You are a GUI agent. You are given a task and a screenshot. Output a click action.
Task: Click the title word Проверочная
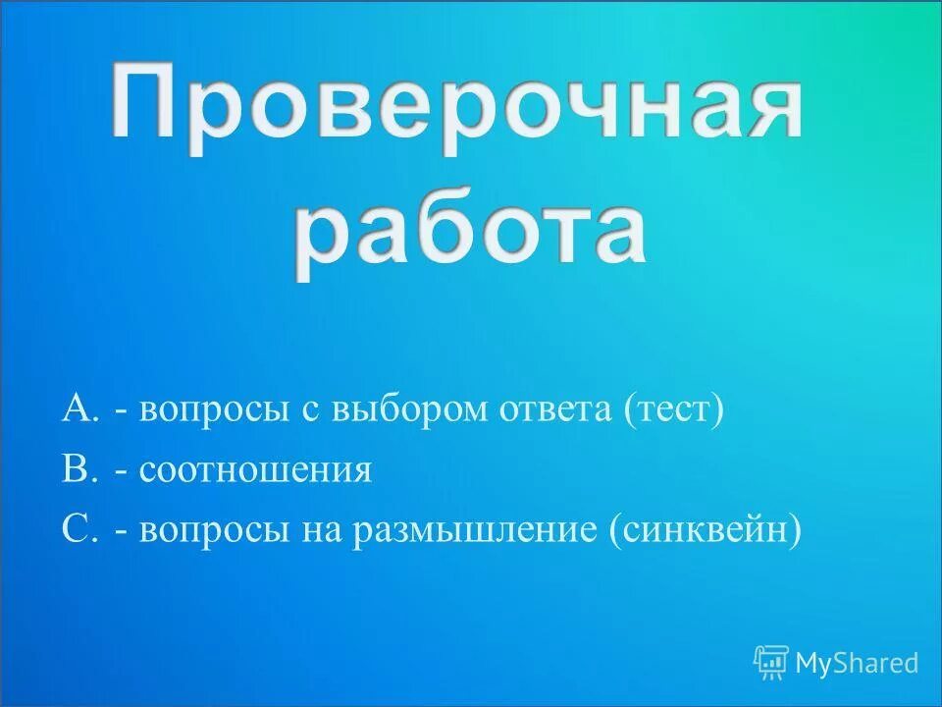456,103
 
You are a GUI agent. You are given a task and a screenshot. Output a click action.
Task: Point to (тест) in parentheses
673,409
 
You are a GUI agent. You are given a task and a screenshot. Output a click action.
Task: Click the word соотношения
255,469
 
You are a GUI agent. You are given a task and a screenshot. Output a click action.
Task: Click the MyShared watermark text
857,663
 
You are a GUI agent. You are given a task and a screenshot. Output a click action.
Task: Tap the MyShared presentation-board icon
771,663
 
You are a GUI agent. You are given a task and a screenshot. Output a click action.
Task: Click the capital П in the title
143,103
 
